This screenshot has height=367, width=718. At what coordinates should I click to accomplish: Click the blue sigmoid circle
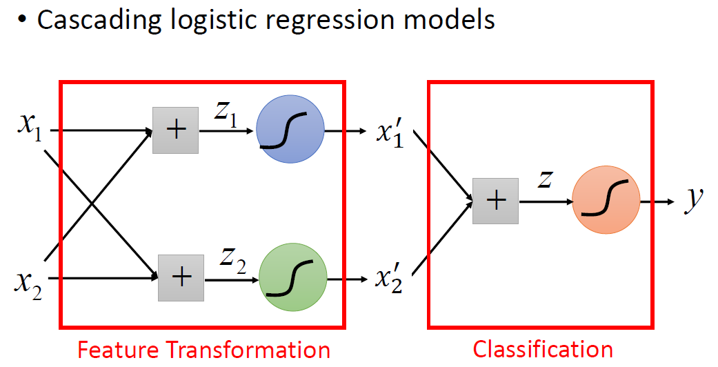point(290,129)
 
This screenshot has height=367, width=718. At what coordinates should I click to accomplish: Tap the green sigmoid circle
point(293,277)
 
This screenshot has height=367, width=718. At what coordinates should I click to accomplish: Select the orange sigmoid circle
point(606,200)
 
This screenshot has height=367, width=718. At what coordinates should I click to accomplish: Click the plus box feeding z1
point(175,130)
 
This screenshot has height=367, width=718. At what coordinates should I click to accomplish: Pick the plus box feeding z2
point(181,278)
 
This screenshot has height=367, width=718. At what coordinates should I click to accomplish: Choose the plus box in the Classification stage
point(495,201)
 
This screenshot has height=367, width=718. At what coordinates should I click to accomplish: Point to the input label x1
point(30,126)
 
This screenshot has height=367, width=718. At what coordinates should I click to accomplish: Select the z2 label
point(232,260)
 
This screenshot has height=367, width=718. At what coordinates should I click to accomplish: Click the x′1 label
point(390,133)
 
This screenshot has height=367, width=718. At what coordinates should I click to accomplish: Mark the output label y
point(694,201)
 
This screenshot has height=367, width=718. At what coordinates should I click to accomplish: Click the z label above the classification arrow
point(545,179)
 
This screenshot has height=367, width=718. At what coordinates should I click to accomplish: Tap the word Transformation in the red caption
point(248,350)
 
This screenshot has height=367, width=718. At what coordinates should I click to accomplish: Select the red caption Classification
point(543,350)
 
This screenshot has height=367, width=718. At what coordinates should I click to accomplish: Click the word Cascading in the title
point(99,21)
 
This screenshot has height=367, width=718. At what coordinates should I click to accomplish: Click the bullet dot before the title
point(21,21)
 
